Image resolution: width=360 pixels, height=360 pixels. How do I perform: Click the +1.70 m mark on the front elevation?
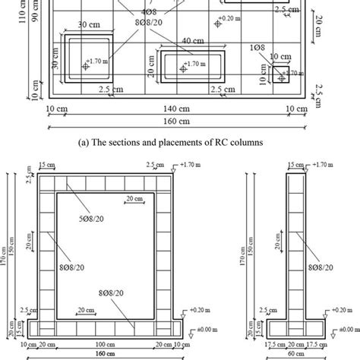(x=185, y=163)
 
